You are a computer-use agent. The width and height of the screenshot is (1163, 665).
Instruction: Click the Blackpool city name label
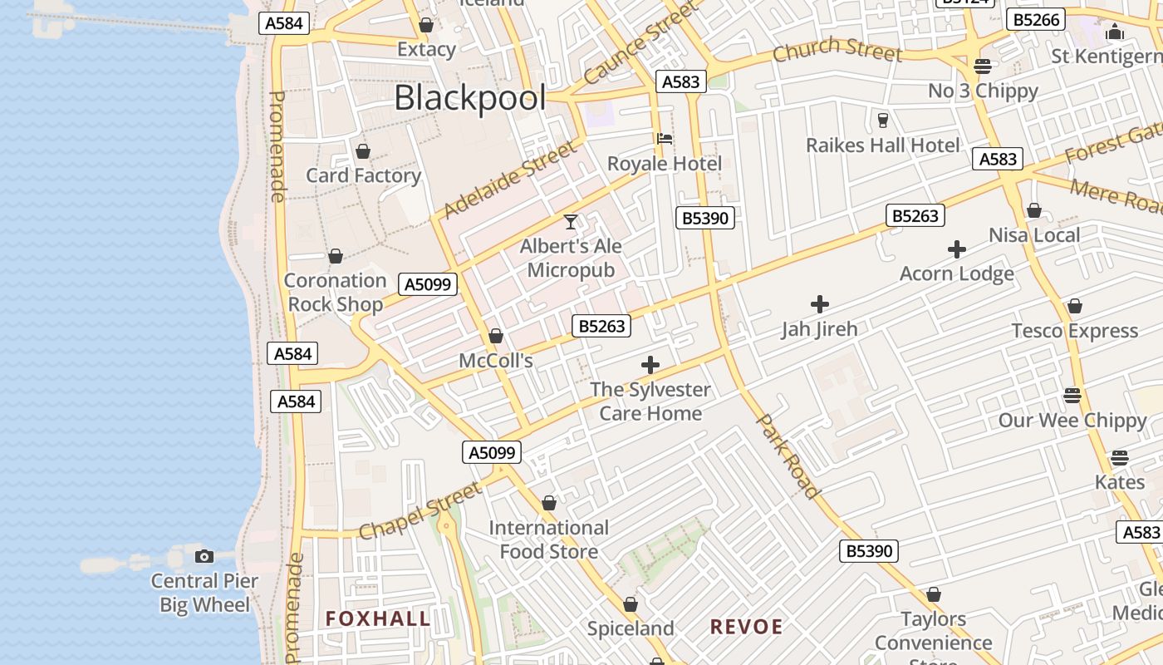tap(470, 98)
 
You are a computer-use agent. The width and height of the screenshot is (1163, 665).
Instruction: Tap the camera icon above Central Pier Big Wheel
tap(204, 556)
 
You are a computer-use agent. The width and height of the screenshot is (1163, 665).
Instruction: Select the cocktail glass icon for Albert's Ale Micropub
tap(571, 222)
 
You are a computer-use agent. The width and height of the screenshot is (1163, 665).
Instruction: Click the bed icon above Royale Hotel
tap(665, 139)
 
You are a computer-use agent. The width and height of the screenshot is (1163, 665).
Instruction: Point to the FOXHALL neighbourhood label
tap(378, 618)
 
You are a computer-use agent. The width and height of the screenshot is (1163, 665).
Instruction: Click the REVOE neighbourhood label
tap(746, 627)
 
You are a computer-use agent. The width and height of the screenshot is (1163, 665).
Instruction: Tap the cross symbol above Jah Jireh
tap(820, 304)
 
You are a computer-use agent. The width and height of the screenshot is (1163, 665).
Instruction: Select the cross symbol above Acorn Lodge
tap(957, 249)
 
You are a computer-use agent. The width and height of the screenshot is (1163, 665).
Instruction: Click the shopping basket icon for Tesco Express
tap(1075, 306)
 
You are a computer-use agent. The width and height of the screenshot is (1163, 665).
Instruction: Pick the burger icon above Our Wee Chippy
tap(1072, 395)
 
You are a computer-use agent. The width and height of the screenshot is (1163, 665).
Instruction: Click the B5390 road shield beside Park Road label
tap(869, 550)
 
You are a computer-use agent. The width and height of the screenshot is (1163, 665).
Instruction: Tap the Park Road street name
tap(788, 456)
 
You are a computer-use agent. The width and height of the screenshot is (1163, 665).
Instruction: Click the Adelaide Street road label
tap(508, 180)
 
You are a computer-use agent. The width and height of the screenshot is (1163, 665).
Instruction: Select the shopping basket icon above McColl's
tap(496, 336)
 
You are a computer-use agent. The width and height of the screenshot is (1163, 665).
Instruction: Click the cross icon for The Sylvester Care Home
tap(650, 365)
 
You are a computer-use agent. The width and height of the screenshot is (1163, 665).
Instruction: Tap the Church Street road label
tap(837, 52)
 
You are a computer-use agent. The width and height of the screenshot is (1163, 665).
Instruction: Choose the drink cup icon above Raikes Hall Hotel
tap(882, 121)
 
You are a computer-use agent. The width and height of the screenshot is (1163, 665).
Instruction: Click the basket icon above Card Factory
tap(363, 151)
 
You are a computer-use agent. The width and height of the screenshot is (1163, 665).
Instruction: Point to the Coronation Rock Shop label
tap(336, 292)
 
